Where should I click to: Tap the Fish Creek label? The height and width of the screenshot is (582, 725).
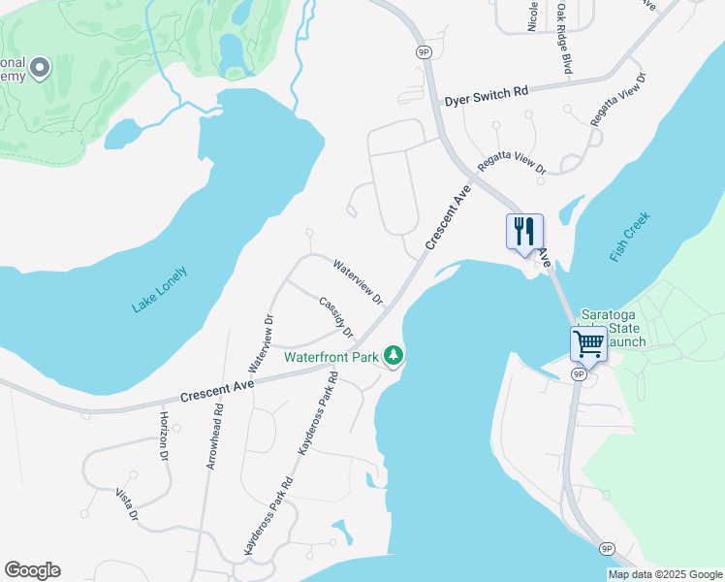631,236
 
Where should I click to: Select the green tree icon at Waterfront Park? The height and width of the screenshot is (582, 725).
393,356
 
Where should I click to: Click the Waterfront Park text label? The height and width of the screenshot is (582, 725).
331,357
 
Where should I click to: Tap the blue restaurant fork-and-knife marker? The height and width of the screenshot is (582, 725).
524,232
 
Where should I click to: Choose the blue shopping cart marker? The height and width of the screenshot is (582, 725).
588,343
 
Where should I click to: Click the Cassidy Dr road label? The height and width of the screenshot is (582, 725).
336,316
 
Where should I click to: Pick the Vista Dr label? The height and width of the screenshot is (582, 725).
125,504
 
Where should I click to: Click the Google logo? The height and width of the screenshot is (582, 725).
32,570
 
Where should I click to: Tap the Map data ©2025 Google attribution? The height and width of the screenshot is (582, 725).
666,574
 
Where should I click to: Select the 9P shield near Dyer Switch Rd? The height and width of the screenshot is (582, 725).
424,52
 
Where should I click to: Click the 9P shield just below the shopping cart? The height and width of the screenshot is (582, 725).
579,373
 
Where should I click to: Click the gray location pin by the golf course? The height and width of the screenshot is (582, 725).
40,68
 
